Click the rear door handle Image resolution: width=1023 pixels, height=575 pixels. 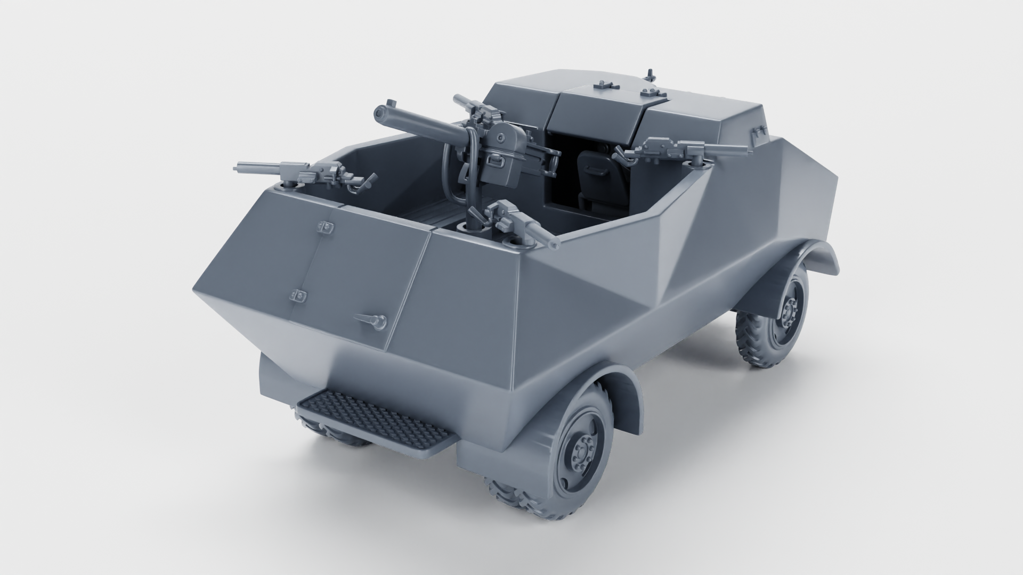tap(372, 319)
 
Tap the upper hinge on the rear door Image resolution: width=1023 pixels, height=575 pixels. tap(325, 227)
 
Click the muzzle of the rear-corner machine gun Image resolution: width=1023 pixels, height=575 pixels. tap(554, 244)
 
